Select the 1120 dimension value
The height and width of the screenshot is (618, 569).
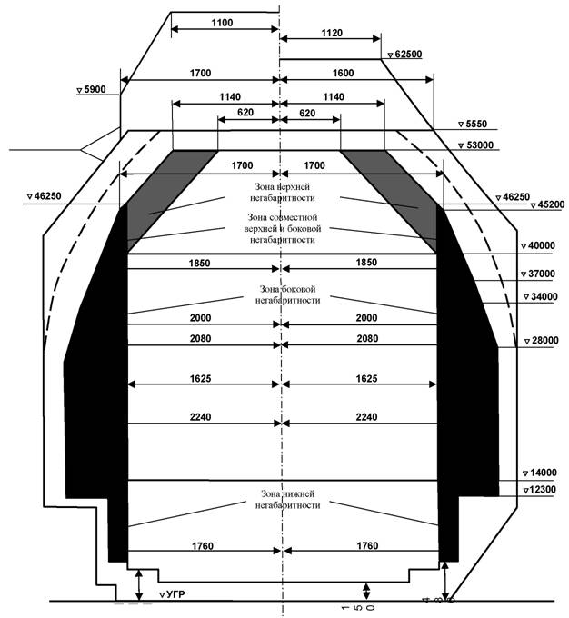[x=332, y=34]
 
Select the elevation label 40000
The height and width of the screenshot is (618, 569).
[x=540, y=246]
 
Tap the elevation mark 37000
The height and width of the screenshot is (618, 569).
[x=541, y=274]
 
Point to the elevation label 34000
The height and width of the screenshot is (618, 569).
[x=540, y=297]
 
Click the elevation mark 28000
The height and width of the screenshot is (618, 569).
[x=541, y=341]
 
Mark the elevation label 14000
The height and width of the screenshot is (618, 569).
[x=541, y=473]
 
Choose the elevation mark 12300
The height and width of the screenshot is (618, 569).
[x=541, y=490]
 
